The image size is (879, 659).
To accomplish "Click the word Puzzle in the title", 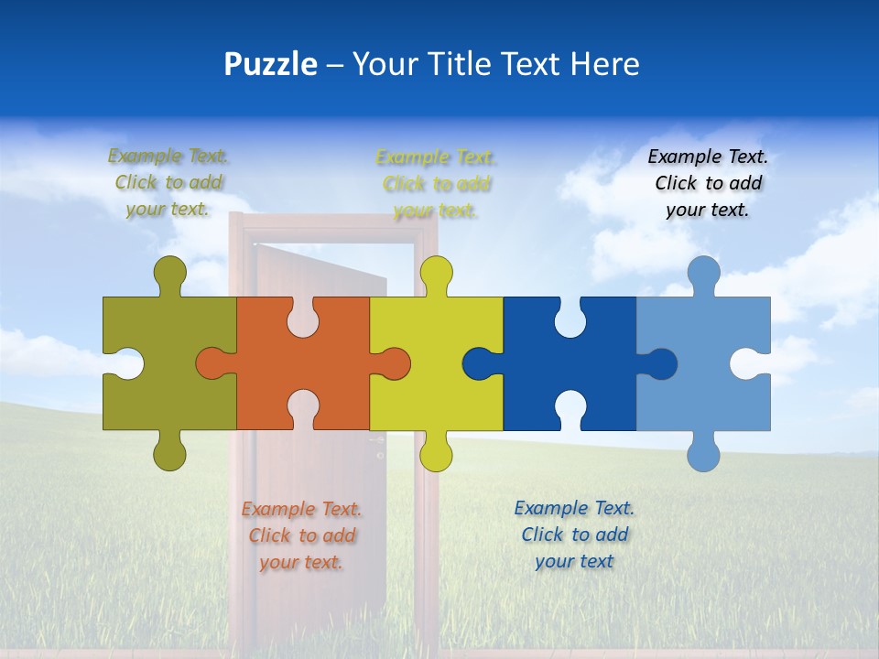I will click(271, 65).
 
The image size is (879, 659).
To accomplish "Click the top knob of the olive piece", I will click(169, 272).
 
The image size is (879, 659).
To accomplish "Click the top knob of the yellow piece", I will click(436, 272).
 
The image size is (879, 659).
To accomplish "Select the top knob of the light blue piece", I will click(703, 272).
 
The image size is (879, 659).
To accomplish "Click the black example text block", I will click(708, 183).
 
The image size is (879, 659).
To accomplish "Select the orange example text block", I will click(301, 535).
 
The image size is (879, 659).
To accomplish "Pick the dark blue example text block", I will click(574, 535).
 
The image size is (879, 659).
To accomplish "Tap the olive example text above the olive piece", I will click(168, 182).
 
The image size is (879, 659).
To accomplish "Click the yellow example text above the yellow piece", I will click(436, 184).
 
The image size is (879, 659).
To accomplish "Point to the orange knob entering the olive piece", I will click(212, 363).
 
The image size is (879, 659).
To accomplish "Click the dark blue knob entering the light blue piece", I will click(661, 363).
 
